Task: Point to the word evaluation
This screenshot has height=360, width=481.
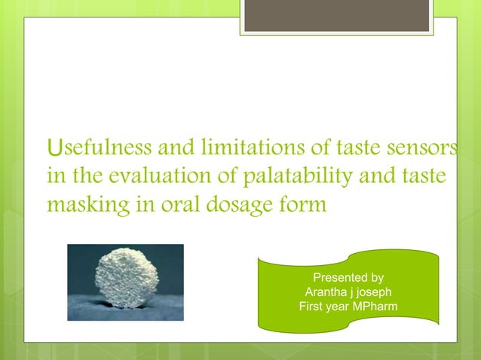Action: point(153,176)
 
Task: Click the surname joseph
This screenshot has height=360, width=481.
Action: point(374,292)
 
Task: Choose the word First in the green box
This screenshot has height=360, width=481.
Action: point(312,307)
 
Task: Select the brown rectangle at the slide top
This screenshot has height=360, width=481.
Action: point(337,16)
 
